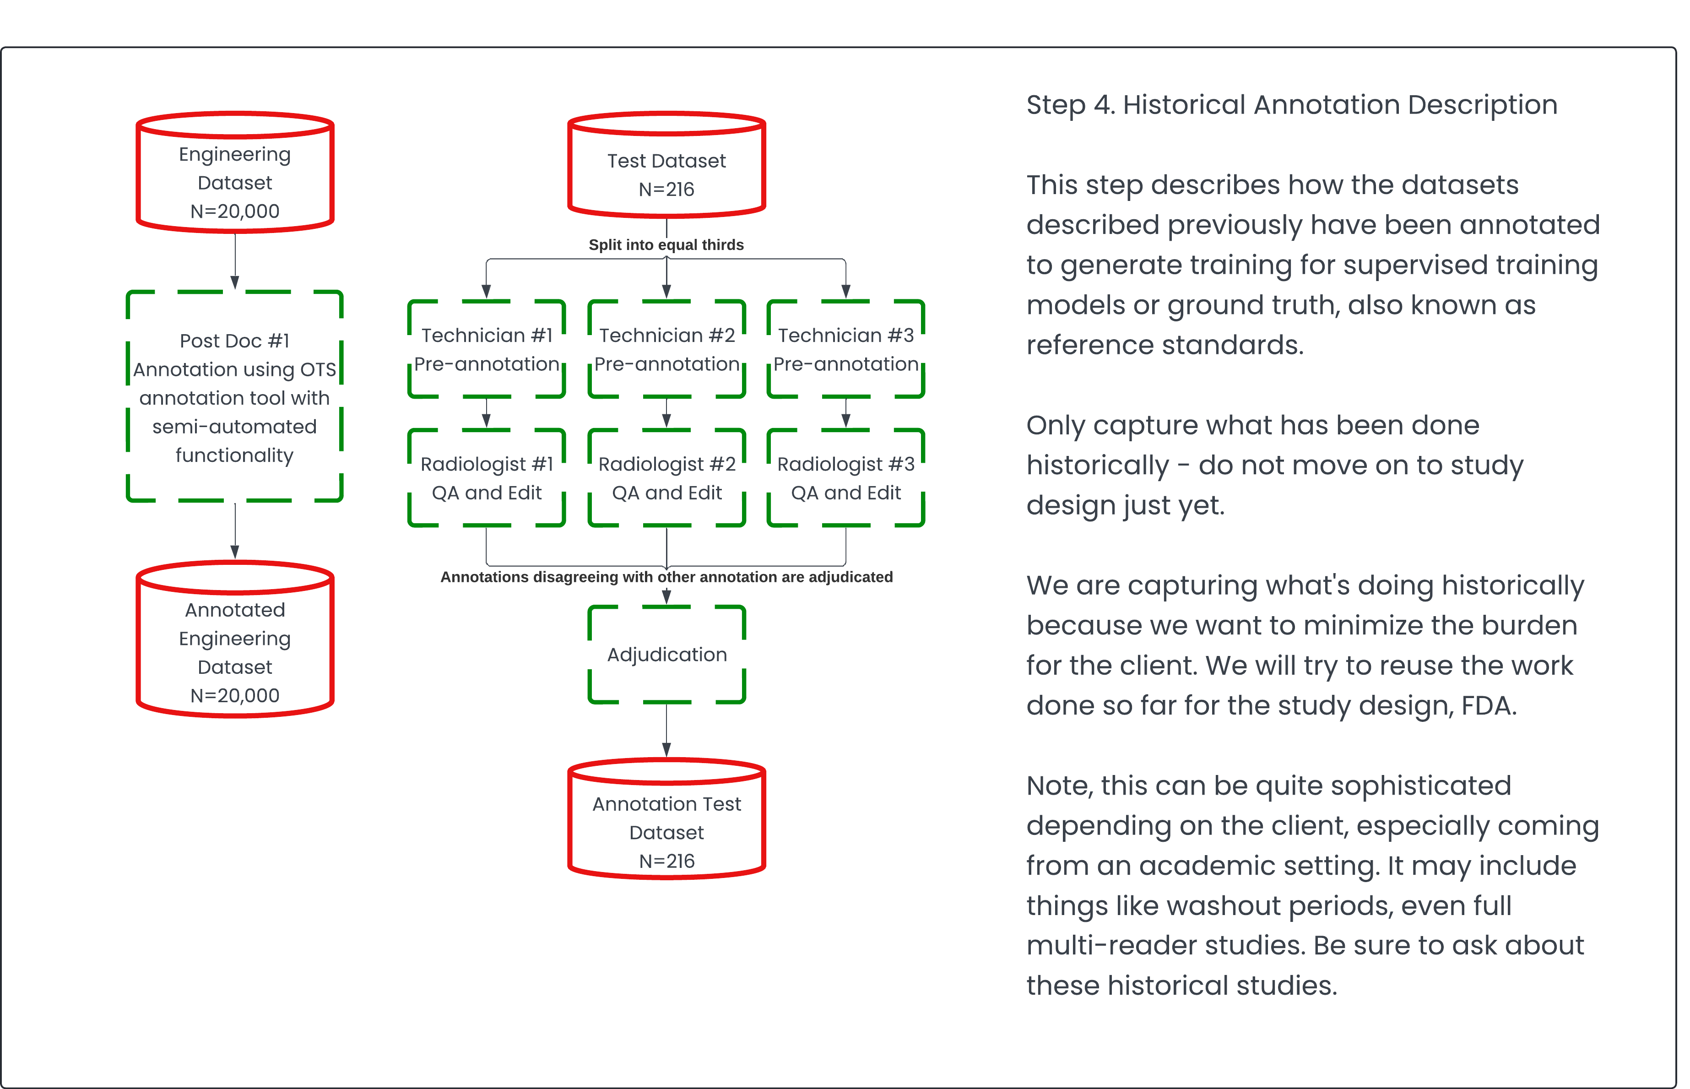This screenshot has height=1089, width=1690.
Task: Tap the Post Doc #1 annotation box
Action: tap(235, 397)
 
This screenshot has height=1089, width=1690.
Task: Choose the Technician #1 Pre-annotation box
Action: tap(487, 349)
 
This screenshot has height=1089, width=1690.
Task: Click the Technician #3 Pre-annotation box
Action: tap(846, 349)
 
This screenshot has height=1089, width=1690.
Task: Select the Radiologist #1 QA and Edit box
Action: tap(487, 478)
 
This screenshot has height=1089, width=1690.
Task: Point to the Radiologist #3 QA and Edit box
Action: tap(846, 478)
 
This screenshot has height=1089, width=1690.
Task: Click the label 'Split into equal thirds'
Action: tap(666, 245)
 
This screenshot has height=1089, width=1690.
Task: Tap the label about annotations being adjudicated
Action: tap(666, 577)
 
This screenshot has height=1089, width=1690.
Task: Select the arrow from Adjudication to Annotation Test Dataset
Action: tap(666, 731)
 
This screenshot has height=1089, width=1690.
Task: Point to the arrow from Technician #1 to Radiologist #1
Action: tap(487, 413)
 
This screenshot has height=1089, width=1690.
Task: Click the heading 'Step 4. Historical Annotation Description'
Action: tap(1291, 105)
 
